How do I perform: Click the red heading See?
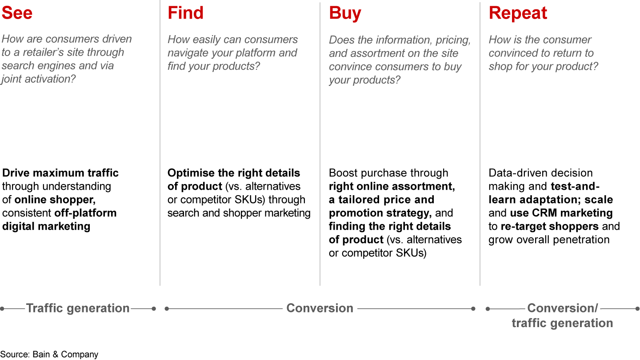pos(17,13)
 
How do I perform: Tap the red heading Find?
pos(185,13)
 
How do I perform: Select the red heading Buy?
pos(345,14)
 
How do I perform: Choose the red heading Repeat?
pos(518,14)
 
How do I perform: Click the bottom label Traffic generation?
pos(78,308)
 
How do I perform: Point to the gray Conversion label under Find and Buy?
pos(320,308)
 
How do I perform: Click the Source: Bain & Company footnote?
pos(49,354)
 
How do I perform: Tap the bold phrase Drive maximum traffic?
pos(60,173)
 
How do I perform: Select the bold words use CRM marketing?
pos(561,213)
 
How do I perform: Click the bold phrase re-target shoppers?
pos(549,226)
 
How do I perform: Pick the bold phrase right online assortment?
pos(392,186)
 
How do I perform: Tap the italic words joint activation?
pos(38,79)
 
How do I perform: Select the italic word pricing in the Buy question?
pos(453,40)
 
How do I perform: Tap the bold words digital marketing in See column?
pos(46,226)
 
